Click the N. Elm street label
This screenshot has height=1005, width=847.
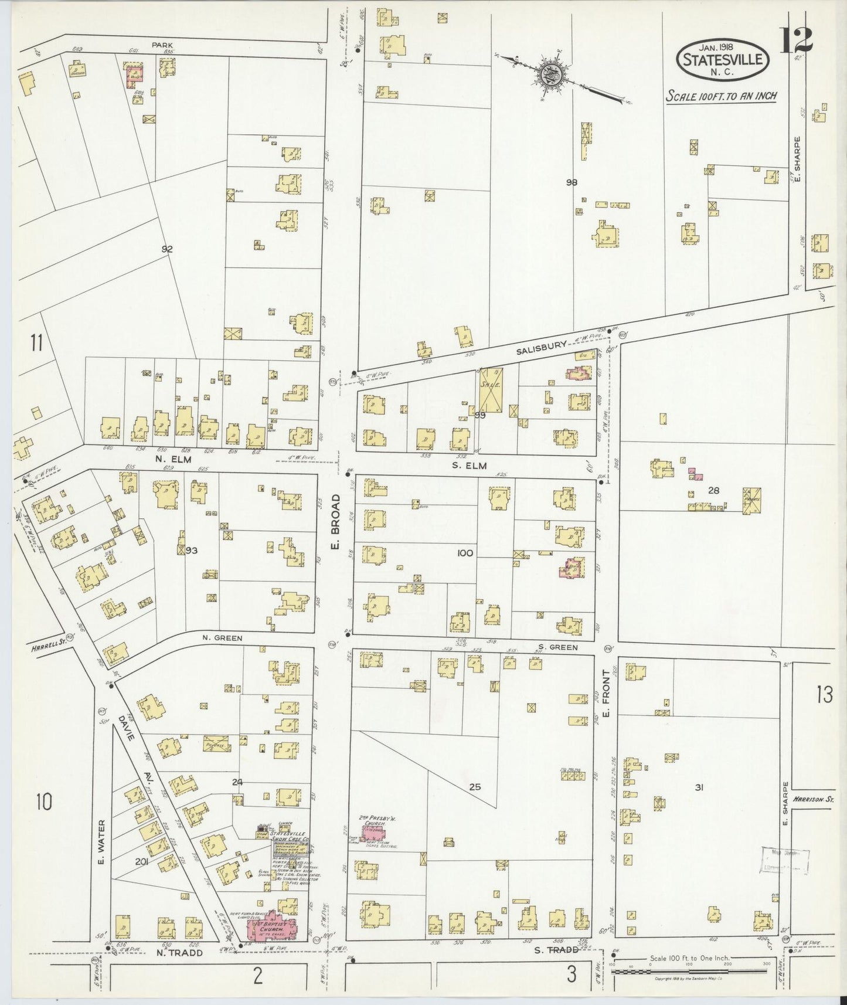coord(171,460)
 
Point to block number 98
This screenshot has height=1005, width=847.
coord(572,182)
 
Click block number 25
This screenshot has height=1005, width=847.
coord(475,787)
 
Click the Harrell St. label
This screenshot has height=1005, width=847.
coord(46,648)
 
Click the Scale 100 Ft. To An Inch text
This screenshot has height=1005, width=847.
coord(720,96)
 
